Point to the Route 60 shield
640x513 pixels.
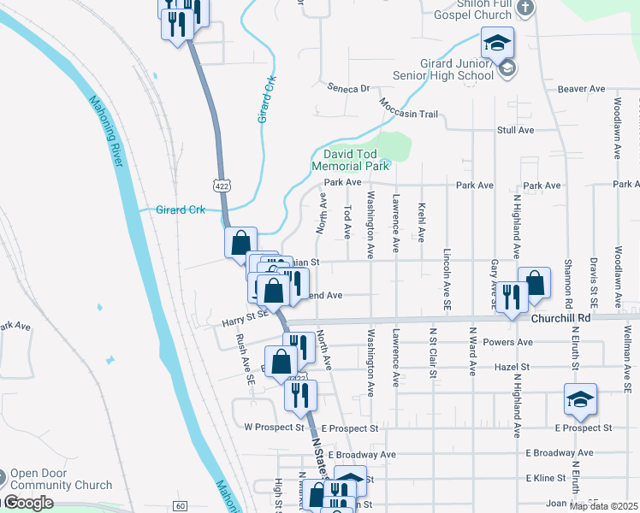pos(179,506)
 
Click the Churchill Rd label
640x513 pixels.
pos(560,318)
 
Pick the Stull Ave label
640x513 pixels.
pos(515,130)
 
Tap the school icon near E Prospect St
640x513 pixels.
pos(580,399)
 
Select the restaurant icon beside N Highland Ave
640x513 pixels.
pos(512,298)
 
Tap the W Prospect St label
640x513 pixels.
pos(275,427)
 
